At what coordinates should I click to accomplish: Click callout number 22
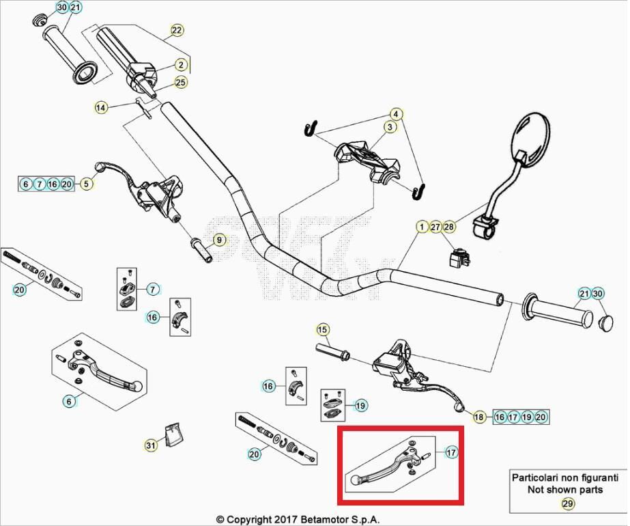[x=177, y=30]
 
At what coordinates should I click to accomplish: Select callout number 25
[x=180, y=83]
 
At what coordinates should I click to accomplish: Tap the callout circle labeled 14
[x=101, y=107]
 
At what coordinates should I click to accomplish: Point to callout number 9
[x=218, y=240]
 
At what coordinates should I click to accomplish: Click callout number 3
[x=390, y=127]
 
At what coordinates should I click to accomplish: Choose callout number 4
[x=396, y=113]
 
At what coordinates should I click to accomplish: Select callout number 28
[x=448, y=227]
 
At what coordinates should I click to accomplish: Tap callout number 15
[x=322, y=330]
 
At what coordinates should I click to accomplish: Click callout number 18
[x=479, y=417]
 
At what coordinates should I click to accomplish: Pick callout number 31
[x=150, y=445]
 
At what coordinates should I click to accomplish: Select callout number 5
[x=86, y=184]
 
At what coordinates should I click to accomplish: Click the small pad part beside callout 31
[x=174, y=434]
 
